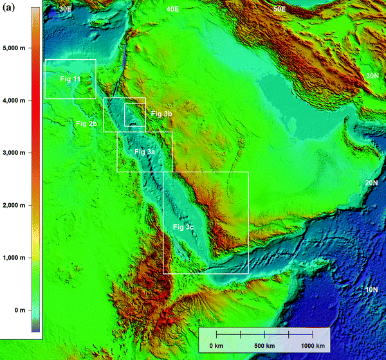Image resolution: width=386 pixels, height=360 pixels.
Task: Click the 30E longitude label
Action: pos(65,9)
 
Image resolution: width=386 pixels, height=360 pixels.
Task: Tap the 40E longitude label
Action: pos(172,9)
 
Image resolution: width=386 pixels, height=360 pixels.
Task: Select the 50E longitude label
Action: pos(279,9)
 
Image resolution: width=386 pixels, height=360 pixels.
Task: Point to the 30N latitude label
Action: pos(372,76)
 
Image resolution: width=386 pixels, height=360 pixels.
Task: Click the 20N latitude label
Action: pos(372,183)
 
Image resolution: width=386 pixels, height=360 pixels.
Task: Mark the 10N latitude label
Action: pos(372,290)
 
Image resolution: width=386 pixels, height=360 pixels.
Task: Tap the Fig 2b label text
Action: pos(86,123)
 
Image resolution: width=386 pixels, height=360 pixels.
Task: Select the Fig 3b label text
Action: pos(161,114)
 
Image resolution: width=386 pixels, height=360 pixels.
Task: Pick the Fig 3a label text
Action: pos(145,151)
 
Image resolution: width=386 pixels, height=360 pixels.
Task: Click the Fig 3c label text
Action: pos(183,228)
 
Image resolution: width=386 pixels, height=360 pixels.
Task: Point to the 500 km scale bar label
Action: pos(265,346)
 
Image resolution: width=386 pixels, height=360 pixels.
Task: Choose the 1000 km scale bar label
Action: pos(313,346)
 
